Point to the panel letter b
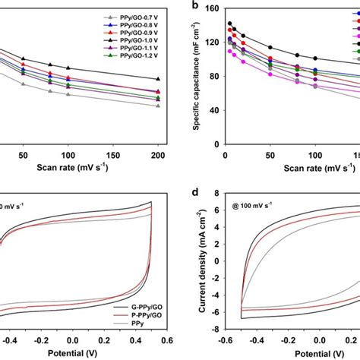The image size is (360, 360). [x=195, y=6]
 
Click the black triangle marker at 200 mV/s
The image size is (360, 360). [x=158, y=79]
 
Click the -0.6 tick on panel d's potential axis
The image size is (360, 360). [x=226, y=341]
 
